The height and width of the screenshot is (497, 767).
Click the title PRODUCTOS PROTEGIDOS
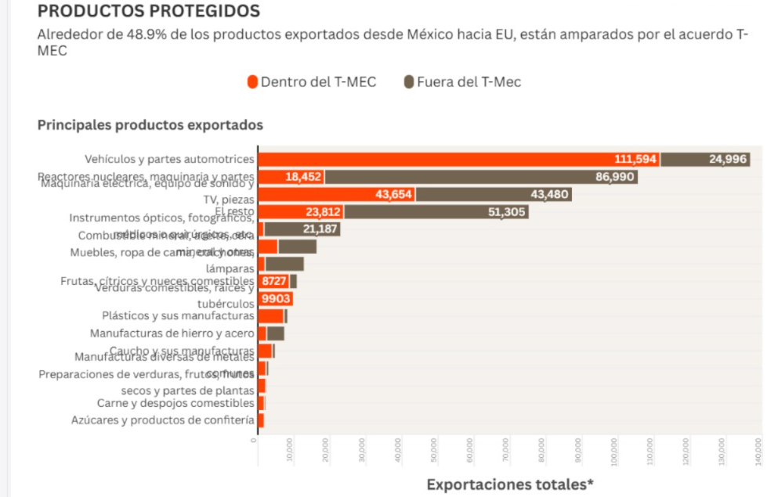[148, 12]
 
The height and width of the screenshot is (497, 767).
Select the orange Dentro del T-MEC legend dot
[252, 82]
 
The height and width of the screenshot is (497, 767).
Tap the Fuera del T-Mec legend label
[469, 82]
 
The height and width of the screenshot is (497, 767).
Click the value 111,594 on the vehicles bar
[635, 160]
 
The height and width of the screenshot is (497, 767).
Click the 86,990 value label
[614, 178]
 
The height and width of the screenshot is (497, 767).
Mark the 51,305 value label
[506, 212]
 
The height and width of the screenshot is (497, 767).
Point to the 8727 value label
[273, 281]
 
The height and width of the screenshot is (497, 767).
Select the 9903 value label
[275, 299]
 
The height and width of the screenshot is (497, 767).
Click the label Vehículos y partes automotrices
[169, 160]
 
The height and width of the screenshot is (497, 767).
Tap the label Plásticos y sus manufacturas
[178, 316]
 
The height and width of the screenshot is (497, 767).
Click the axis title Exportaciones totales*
[510, 484]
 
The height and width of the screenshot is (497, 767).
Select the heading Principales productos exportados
[150, 125]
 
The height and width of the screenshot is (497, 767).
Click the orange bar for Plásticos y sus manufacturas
[271, 316]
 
